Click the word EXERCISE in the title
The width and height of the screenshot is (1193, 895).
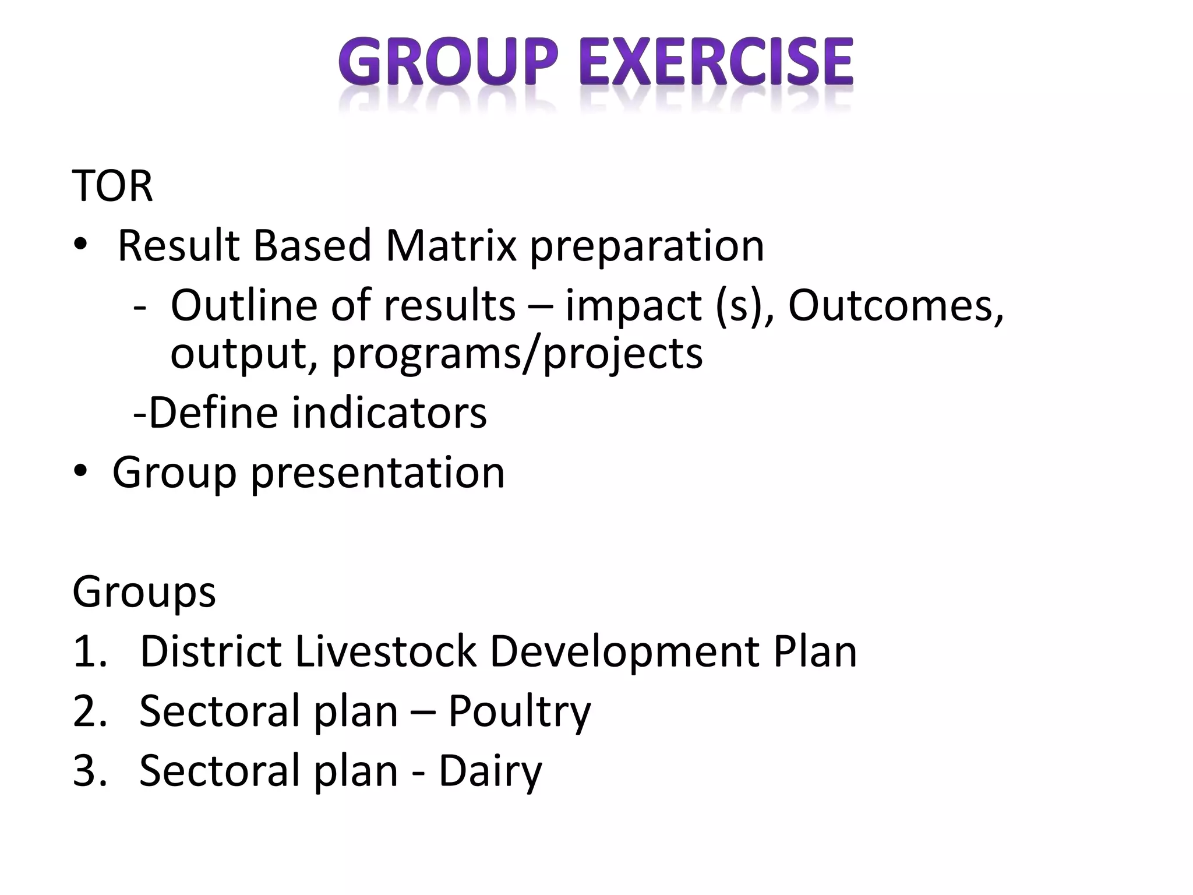pyautogui.click(x=716, y=62)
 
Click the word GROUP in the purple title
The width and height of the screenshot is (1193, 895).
pyautogui.click(x=449, y=62)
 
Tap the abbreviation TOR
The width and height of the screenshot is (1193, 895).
pyautogui.click(x=112, y=186)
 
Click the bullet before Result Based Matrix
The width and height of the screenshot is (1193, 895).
pyautogui.click(x=80, y=246)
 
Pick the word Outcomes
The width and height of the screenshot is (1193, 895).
pyautogui.click(x=895, y=305)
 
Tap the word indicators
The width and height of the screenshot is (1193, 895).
pyautogui.click(x=389, y=413)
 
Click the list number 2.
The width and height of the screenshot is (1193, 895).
pyautogui.click(x=90, y=711)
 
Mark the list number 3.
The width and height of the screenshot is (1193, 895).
pyautogui.click(x=90, y=771)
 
